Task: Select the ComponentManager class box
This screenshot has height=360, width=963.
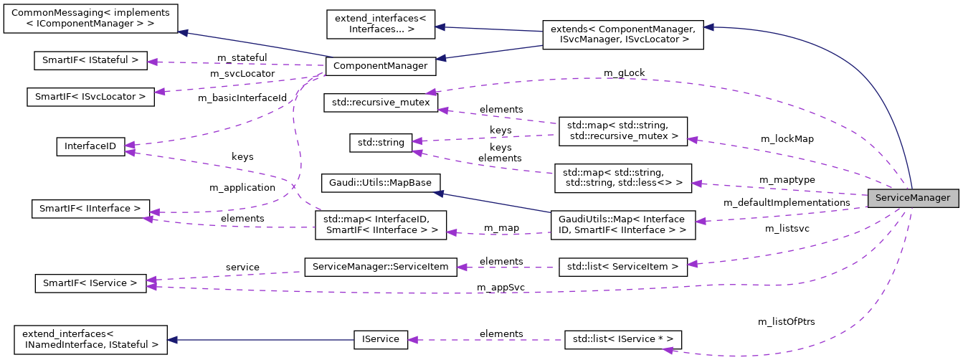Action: tap(380, 67)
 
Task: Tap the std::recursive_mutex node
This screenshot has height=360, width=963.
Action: tap(381, 103)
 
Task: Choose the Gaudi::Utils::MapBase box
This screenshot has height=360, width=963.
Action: tap(380, 183)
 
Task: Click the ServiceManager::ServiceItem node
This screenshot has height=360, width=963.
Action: tap(380, 267)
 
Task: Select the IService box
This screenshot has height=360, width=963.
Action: tap(380, 339)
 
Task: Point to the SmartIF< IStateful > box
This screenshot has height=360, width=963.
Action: tap(90, 60)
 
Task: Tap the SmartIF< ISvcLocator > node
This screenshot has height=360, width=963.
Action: tap(90, 97)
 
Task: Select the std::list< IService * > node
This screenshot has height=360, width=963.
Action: tap(622, 339)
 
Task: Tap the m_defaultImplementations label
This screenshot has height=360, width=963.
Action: tap(786, 203)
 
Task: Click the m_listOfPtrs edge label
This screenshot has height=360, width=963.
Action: tap(786, 321)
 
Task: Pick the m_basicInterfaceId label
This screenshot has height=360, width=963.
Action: tap(248, 97)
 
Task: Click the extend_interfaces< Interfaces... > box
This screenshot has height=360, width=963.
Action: tap(380, 24)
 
